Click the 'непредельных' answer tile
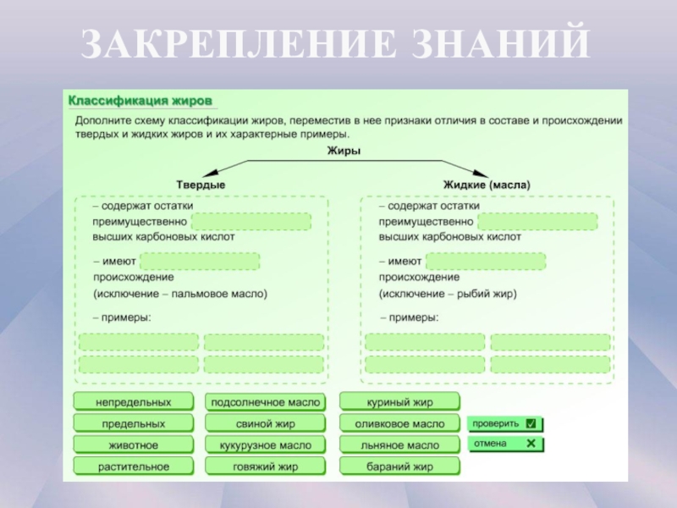pyautogui.click(x=134, y=401)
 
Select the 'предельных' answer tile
pyautogui.click(x=134, y=423)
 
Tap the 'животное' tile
pyautogui.click(x=134, y=444)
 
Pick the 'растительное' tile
pyautogui.click(x=134, y=467)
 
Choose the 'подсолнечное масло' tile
pyautogui.click(x=266, y=401)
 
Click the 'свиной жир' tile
pyautogui.click(x=266, y=423)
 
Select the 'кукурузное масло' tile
pyautogui.click(x=266, y=444)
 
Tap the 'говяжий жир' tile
pyautogui.click(x=266, y=467)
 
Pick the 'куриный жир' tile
pyautogui.click(x=399, y=401)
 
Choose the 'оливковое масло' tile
pyautogui.click(x=399, y=423)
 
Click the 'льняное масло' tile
pyautogui.click(x=399, y=444)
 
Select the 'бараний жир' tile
pyautogui.click(x=399, y=467)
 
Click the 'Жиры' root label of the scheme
pyautogui.click(x=344, y=151)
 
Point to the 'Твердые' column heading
pyautogui.click(x=201, y=184)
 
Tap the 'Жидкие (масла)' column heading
pyautogui.click(x=487, y=184)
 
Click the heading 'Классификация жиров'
pyautogui.click(x=140, y=100)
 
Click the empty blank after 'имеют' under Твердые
pyautogui.click(x=201, y=262)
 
